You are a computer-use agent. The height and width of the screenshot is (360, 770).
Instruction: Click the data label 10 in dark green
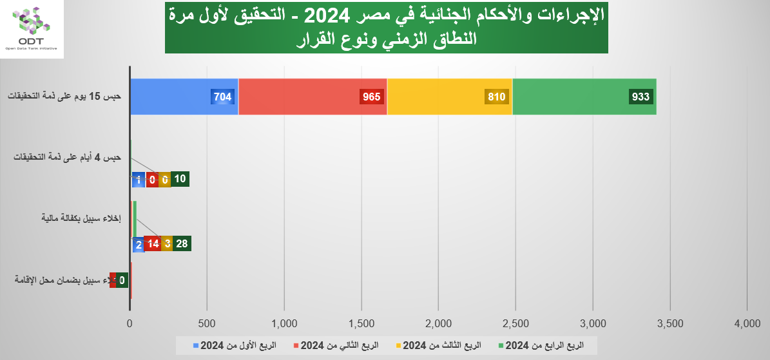click(x=180, y=180)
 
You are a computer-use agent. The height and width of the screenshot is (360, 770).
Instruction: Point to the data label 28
click(x=182, y=244)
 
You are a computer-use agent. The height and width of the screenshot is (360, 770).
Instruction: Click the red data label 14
click(x=153, y=244)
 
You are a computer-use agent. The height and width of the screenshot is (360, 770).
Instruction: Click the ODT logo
click(x=32, y=29)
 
